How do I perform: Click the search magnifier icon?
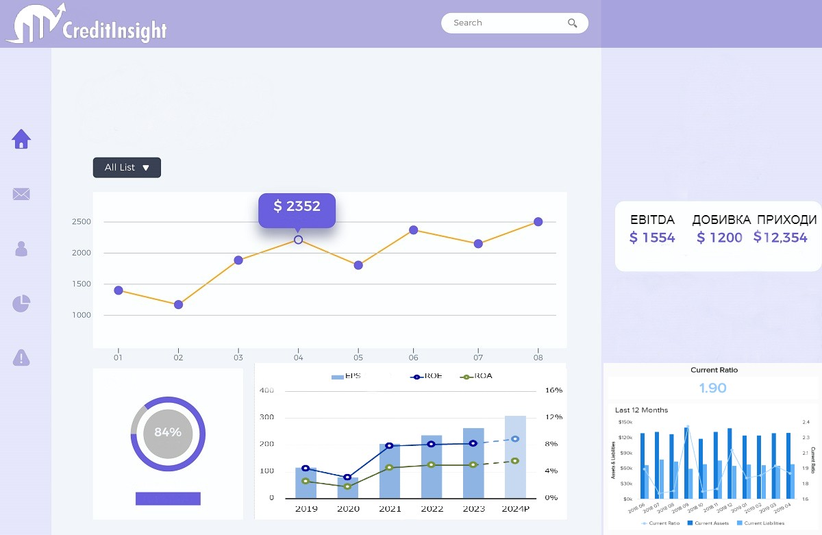click(573, 23)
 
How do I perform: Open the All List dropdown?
click(127, 168)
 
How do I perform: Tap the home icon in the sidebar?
click(22, 139)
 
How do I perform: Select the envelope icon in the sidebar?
click(21, 195)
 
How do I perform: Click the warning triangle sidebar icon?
click(22, 357)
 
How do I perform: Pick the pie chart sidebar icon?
click(22, 303)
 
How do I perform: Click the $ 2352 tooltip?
click(297, 207)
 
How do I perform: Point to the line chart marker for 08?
click(538, 222)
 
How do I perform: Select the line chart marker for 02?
click(178, 305)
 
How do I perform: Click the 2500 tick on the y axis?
click(82, 222)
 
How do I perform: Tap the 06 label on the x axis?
click(414, 358)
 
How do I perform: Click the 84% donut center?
click(168, 433)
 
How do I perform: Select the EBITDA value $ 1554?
click(652, 238)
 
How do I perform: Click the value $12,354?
click(780, 238)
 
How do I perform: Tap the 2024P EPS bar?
click(515, 457)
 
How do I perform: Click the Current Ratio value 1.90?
click(713, 388)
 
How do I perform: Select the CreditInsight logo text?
click(114, 31)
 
